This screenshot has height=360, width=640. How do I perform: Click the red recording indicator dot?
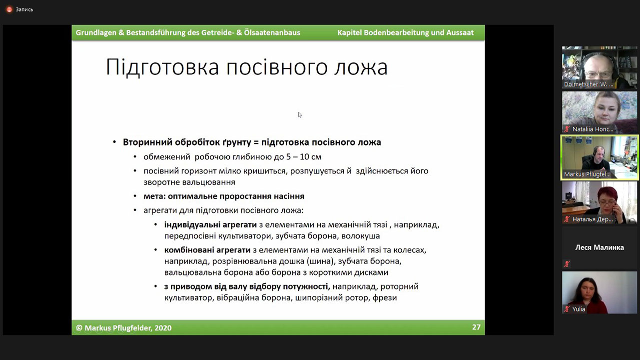[9, 9]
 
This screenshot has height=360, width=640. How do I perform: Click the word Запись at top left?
[24, 9]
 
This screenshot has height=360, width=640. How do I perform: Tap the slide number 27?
[476, 327]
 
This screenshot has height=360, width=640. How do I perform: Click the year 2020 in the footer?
[163, 327]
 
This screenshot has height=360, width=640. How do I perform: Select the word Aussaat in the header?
[460, 32]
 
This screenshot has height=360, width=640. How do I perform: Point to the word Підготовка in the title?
[162, 67]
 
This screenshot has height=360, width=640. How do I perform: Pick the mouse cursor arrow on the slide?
[300, 114]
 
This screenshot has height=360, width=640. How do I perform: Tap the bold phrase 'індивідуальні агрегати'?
[210, 224]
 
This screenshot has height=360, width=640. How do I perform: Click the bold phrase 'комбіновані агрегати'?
[207, 250]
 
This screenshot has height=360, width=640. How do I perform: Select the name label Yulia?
[579, 309]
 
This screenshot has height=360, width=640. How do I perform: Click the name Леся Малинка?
[600, 247]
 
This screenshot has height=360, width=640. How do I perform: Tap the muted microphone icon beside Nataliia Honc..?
[567, 129]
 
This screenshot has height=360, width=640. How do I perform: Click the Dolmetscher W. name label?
[588, 84]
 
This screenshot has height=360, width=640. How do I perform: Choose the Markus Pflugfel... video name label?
[587, 174]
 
